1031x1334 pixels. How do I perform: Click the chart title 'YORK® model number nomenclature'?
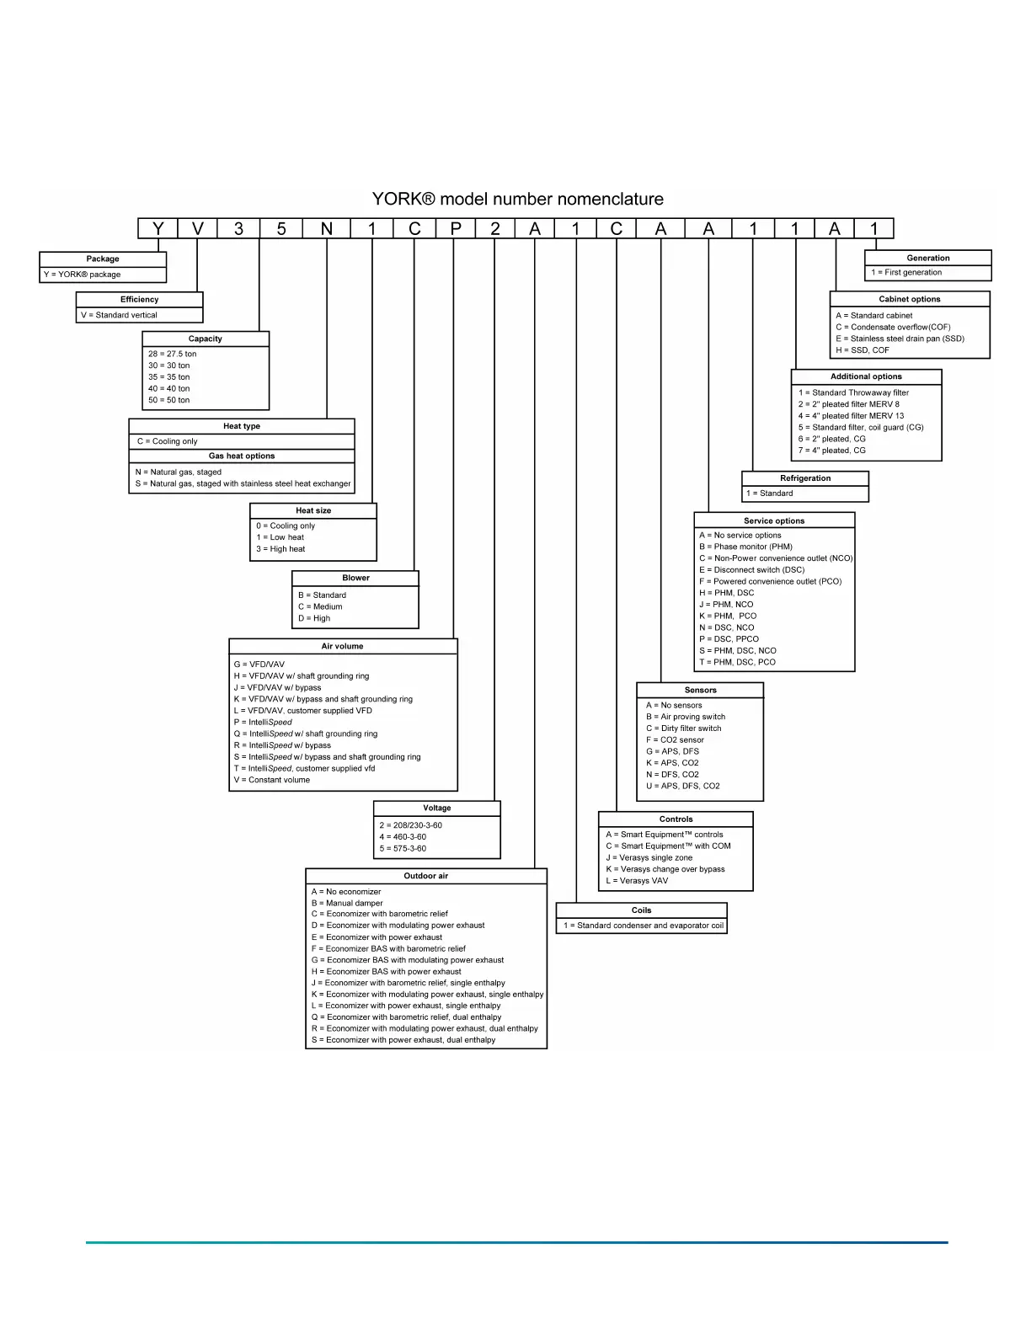click(x=517, y=200)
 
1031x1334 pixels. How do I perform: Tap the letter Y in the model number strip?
click(x=158, y=229)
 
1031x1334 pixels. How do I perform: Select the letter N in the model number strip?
click(x=327, y=229)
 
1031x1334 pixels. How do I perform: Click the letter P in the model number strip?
click(x=456, y=229)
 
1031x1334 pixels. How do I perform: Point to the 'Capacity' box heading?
click(x=206, y=339)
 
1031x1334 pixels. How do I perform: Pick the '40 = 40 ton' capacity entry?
click(x=169, y=389)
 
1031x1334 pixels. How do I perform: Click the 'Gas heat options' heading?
click(x=242, y=456)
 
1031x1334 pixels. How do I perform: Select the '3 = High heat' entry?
click(x=280, y=549)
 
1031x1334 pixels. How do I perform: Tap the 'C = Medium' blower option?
click(x=320, y=607)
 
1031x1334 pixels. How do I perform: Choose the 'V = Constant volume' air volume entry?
click(x=272, y=781)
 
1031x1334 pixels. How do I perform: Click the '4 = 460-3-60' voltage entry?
click(x=403, y=837)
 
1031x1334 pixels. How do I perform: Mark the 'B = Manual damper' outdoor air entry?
click(x=347, y=904)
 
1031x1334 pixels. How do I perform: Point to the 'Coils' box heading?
click(x=642, y=910)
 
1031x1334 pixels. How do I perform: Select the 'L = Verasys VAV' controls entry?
click(x=637, y=882)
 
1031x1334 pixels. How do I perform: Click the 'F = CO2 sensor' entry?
click(x=675, y=740)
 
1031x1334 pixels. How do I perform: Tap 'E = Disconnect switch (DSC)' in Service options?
click(x=751, y=570)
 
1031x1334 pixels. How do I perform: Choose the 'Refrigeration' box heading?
click(x=805, y=478)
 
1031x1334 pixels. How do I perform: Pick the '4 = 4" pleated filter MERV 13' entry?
click(x=851, y=416)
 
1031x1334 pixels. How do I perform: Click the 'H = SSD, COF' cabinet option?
click(x=863, y=350)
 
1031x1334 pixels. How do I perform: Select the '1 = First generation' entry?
click(x=906, y=273)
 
